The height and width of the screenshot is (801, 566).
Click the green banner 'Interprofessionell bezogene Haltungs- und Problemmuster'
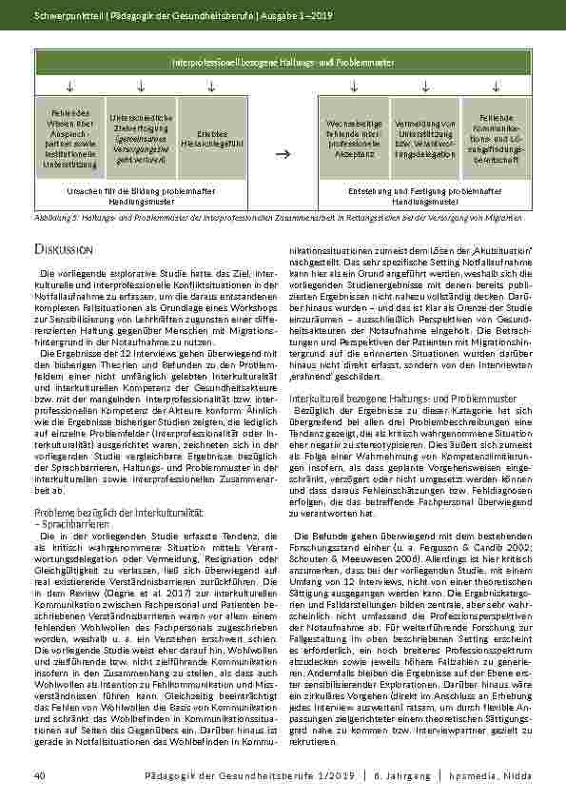click(283, 62)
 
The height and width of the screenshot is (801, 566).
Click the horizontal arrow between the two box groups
click(282, 151)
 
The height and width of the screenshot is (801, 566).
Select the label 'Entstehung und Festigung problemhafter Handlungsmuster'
click(424, 196)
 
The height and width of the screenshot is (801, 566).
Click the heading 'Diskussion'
click(62, 249)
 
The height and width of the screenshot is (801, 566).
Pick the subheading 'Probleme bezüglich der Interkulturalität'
click(112, 513)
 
